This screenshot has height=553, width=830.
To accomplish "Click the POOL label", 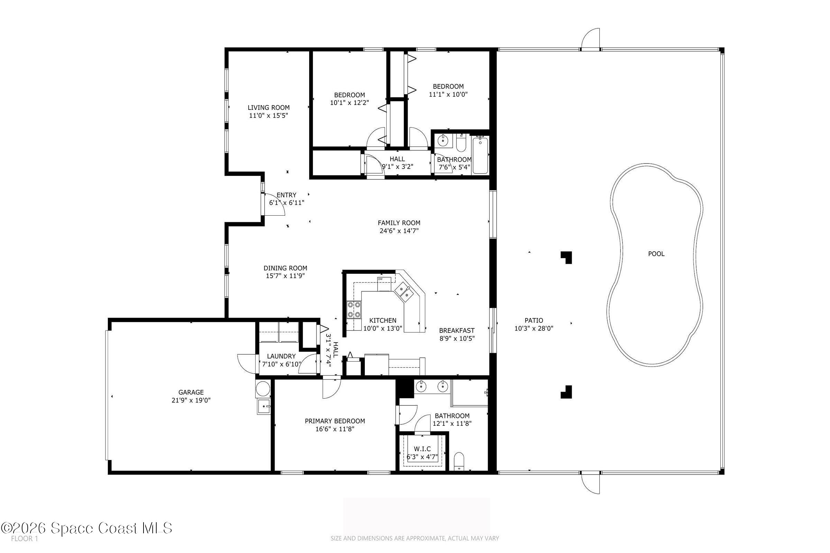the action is [656, 254].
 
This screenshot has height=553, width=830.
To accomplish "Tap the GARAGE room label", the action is [191, 392].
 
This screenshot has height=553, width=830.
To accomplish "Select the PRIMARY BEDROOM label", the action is [335, 421].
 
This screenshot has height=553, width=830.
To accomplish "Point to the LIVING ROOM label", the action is [269, 107].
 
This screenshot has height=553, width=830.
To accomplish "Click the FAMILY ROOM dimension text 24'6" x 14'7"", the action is [399, 231].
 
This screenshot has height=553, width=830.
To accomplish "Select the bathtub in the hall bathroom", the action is [480, 155].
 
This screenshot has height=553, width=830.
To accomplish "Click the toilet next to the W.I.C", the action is [459, 461].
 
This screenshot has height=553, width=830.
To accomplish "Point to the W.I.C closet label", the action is [422, 449].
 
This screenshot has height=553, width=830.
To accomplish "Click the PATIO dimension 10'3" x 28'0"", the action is [534, 329].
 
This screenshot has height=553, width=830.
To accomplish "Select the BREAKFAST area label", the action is [456, 330].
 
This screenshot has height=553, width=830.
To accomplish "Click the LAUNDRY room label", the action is [281, 356].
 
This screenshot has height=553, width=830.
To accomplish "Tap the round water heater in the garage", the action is [262, 390].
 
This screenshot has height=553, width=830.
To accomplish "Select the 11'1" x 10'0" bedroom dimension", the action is [448, 94].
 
